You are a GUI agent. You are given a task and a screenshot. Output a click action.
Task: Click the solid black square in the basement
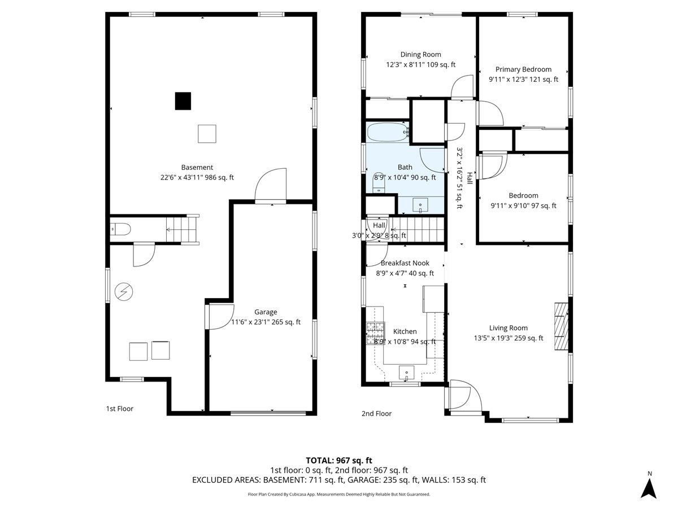182,101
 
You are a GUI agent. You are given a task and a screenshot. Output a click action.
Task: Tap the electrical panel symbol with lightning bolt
123,291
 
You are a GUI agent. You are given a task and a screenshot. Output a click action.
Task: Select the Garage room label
266,312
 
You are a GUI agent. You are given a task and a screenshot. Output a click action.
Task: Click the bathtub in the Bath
388,133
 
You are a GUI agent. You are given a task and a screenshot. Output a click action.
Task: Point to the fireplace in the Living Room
560,327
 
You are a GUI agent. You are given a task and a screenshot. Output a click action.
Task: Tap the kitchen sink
406,373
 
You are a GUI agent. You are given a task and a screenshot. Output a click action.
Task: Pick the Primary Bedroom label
523,69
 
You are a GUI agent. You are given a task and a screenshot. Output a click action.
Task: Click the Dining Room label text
420,55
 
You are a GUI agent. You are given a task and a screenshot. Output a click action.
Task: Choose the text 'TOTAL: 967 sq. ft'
339,460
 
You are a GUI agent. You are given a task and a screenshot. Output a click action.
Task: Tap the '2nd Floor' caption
376,414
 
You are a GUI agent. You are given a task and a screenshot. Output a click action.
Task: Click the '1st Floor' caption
120,409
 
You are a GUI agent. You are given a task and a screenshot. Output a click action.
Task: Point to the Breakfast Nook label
405,263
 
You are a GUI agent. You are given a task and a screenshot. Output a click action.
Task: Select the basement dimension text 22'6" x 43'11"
197,177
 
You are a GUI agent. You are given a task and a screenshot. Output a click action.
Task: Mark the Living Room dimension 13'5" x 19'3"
508,338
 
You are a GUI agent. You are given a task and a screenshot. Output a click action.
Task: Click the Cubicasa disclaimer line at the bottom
339,494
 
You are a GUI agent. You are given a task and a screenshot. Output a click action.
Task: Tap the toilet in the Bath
379,178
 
